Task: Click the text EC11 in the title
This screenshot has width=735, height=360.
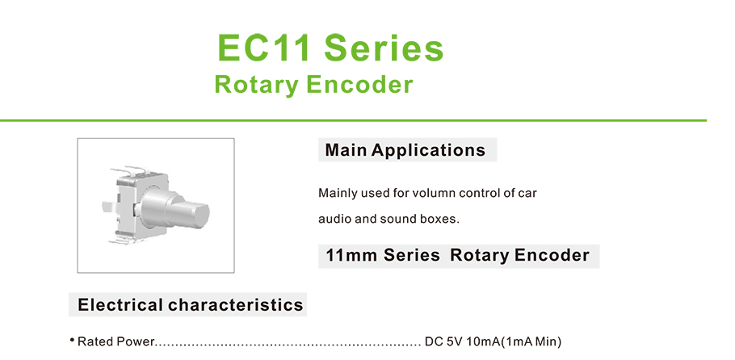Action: tap(264, 48)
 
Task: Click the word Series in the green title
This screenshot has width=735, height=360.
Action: tap(384, 48)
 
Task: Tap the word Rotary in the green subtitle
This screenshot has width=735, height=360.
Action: tap(257, 86)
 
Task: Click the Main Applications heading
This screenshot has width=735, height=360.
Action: tap(405, 150)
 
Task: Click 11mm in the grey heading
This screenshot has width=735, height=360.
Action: tap(351, 256)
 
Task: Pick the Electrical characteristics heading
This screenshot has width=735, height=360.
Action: tap(191, 304)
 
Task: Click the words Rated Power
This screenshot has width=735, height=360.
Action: tap(115, 341)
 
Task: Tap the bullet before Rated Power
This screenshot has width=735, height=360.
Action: tap(73, 340)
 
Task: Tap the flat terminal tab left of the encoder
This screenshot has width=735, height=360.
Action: tap(109, 206)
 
